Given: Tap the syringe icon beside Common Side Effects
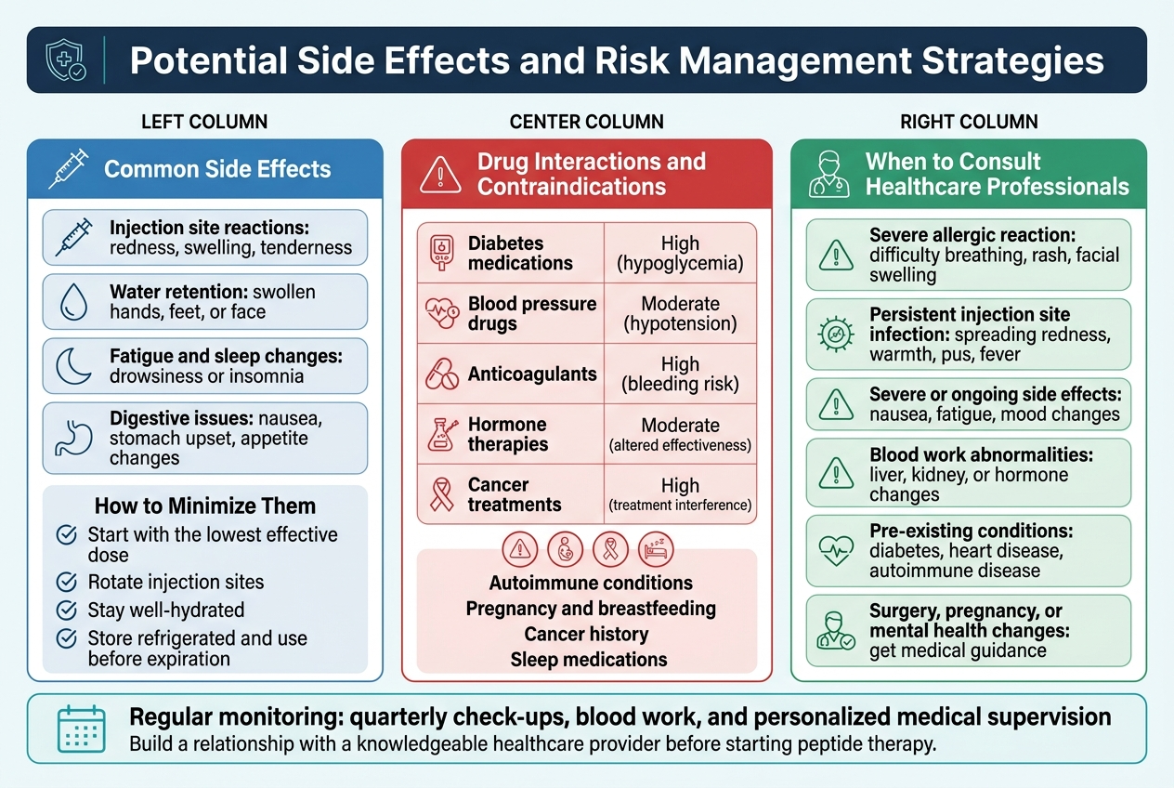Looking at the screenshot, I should point(68,169).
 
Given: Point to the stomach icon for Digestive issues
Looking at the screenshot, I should point(73,436).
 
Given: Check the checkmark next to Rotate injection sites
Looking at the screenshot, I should point(67,583).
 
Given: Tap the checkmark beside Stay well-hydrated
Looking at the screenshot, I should point(67,611).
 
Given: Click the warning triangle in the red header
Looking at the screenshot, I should point(440,174).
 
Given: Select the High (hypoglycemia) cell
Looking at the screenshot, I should point(680,254).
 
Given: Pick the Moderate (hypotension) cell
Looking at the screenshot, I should point(680,314).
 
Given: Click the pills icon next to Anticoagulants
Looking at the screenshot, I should point(441,374).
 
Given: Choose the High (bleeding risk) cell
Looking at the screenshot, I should point(680,374).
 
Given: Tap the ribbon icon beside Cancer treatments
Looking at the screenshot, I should point(441,494).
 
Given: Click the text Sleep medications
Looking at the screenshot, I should point(588,660).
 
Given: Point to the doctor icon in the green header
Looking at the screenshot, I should point(828,174).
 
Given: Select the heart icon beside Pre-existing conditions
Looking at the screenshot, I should point(836,551).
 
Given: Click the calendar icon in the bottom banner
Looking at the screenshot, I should point(81,729).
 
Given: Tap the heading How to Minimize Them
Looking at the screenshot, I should point(205,506).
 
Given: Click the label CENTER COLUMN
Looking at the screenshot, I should point(586,122).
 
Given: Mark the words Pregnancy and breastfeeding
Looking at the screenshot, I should point(591,609).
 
